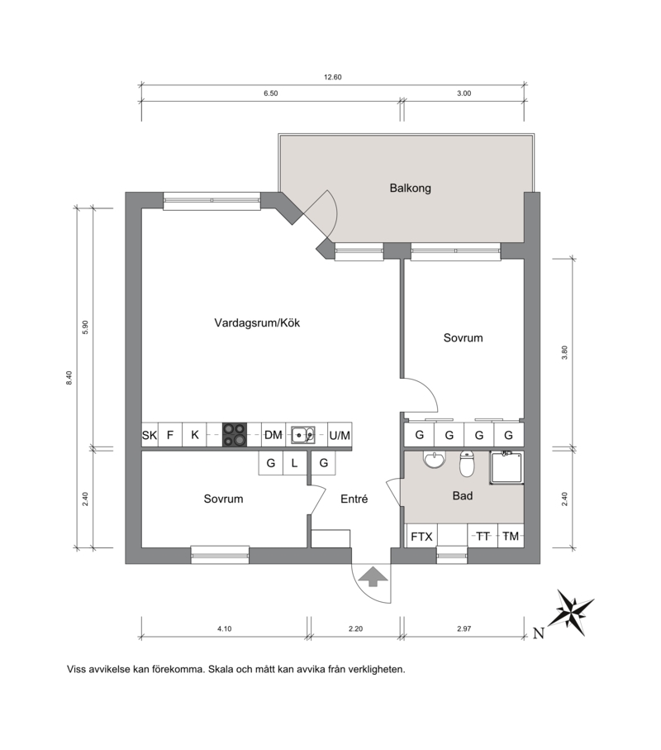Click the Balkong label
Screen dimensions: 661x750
pos(410,188)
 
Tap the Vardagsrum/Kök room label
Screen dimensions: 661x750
pos(257,322)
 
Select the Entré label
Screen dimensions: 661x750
pos(354,499)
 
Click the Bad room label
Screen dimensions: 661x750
pos(463,495)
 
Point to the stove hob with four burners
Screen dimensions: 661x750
pos(235,435)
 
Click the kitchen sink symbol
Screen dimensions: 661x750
pos(303,435)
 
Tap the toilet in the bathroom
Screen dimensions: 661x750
pos(467,464)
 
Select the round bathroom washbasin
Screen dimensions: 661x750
pos(434,459)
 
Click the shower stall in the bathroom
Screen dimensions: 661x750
pos(506,467)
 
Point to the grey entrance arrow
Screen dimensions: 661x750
pos(373,576)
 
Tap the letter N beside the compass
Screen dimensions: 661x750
pos(539,633)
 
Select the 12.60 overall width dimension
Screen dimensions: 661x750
pos(333,77)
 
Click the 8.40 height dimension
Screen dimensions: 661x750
pos(69,378)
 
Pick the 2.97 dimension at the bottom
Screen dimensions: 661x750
pos(464,628)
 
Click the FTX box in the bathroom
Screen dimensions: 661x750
pos(421,537)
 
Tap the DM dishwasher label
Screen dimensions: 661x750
pos(273,435)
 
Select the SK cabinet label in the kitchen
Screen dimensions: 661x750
pos(150,435)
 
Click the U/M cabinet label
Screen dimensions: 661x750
pos(340,435)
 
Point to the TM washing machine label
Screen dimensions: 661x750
pos(511,537)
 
